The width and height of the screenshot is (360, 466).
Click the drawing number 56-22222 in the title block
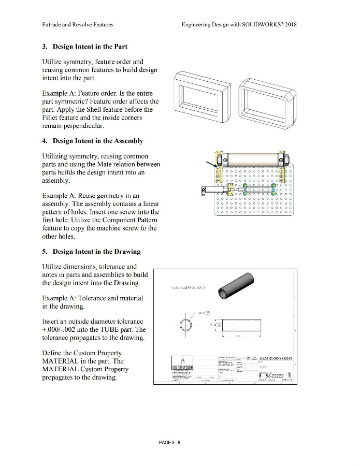pyautogui.click(x=272, y=376)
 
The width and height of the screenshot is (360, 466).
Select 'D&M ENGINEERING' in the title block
pyautogui.click(x=275, y=358)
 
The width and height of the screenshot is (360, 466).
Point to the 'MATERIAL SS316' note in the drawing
pyautogui.click(x=185, y=287)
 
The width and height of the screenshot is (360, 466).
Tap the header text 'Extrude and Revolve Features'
pyautogui.click(x=78, y=24)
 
